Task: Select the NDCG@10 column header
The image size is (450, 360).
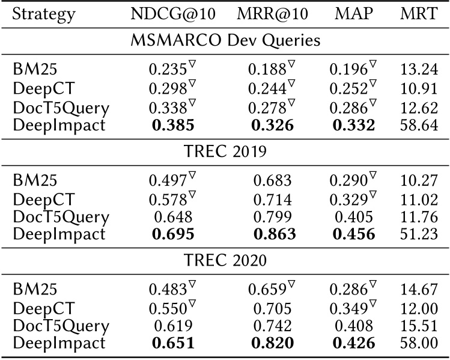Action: (x=174, y=14)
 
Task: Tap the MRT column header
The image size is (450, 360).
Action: (x=419, y=14)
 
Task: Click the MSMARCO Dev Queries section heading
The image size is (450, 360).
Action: (x=225, y=41)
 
